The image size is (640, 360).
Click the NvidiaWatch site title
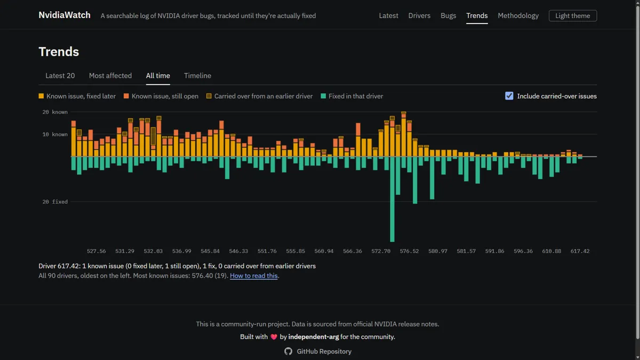(x=65, y=15)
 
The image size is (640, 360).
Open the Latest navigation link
(x=388, y=15)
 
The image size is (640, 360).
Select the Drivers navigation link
(x=419, y=15)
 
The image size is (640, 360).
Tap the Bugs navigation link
(x=448, y=15)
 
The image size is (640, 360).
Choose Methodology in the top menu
(x=518, y=15)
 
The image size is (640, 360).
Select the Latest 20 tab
(x=60, y=76)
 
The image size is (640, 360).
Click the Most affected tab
(x=110, y=76)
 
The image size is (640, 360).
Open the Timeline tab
(x=197, y=76)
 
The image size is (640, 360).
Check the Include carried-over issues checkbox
(x=509, y=96)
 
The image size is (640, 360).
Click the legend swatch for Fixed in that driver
(x=323, y=96)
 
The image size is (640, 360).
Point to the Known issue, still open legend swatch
(x=126, y=96)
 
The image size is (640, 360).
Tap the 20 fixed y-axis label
(x=55, y=202)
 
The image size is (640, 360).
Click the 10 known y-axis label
(x=55, y=134)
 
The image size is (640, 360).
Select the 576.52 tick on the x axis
(x=409, y=251)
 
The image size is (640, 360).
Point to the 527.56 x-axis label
(x=97, y=251)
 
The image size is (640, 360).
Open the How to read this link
(x=254, y=276)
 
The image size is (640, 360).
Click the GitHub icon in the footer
(x=289, y=351)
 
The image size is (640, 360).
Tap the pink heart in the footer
(x=274, y=337)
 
